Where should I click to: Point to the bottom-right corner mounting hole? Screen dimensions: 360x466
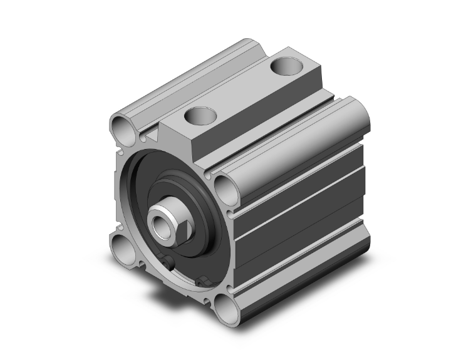point(224,306)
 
